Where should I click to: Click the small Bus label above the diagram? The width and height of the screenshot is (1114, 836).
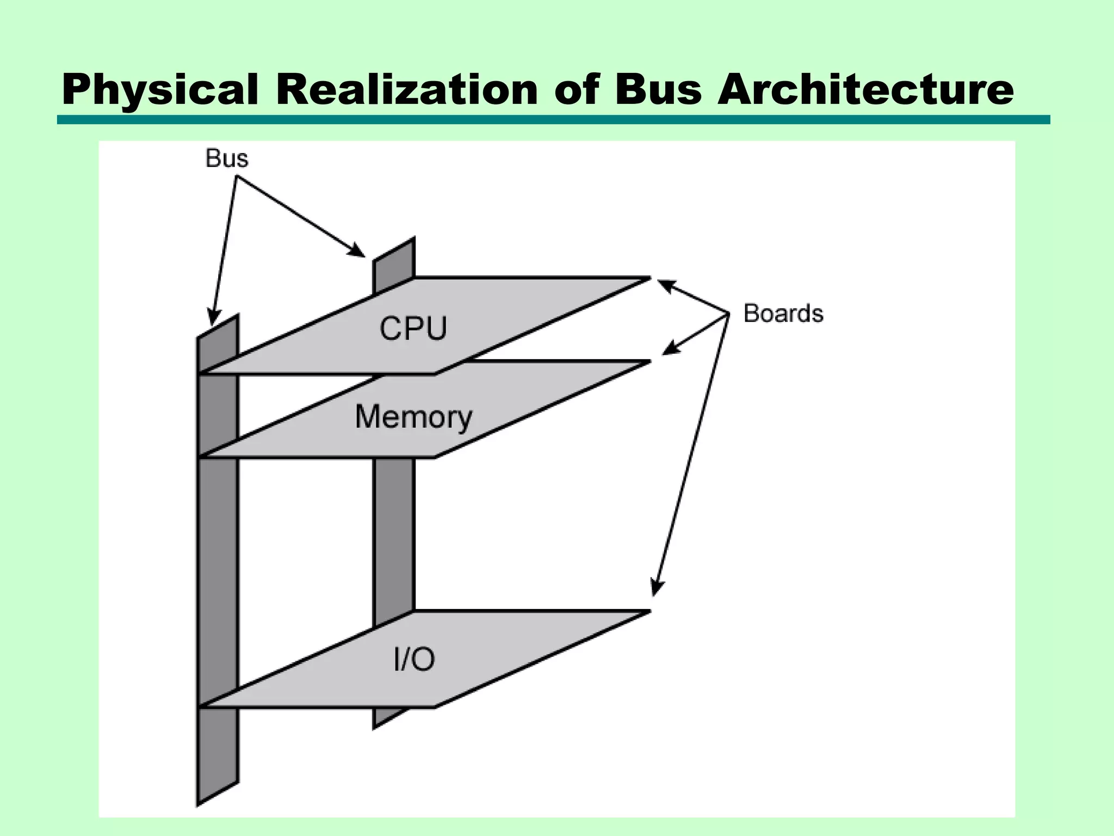coord(227,158)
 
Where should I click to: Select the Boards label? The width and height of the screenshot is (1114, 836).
coord(783,313)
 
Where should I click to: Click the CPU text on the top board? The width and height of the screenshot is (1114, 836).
coord(413,329)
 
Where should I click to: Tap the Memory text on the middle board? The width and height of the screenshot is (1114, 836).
coord(413,417)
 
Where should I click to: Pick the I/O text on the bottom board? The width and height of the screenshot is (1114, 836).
coord(414,660)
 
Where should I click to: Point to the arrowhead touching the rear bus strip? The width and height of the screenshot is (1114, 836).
coord(358,251)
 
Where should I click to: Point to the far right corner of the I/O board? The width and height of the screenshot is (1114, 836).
coord(648,612)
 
